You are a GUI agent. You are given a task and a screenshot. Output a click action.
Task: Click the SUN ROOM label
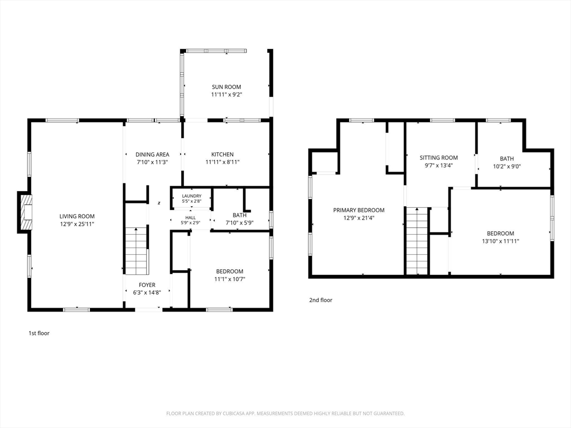[226, 87]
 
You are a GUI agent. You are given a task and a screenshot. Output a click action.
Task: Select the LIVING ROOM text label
[77, 217]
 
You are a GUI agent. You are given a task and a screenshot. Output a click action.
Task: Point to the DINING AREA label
[152, 154]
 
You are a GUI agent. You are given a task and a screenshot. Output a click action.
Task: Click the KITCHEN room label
[222, 154]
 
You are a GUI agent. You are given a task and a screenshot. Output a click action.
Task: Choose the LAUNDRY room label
[192, 196]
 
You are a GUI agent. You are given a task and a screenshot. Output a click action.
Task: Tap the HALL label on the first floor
[191, 218]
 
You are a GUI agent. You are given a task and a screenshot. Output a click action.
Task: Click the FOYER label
[147, 285]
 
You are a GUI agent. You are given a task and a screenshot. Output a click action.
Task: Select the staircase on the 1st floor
[136, 251]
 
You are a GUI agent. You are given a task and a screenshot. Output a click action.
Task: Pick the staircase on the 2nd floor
[417, 241]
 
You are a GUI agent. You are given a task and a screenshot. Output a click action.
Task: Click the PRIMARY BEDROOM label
[359, 210]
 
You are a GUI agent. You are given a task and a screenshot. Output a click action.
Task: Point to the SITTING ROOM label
[438, 158]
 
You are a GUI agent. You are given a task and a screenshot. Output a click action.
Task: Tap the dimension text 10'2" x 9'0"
[507, 167]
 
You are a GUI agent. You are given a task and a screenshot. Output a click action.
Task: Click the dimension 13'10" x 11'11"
[500, 241]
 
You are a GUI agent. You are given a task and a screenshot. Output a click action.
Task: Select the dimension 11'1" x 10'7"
[230, 279]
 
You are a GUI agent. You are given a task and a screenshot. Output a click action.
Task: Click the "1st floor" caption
[39, 333]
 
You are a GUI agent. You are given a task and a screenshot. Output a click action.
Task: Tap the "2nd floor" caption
[321, 300]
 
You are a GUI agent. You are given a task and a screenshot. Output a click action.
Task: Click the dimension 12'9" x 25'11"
[77, 224]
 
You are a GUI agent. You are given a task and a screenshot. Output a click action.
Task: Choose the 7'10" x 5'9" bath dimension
[240, 223]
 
